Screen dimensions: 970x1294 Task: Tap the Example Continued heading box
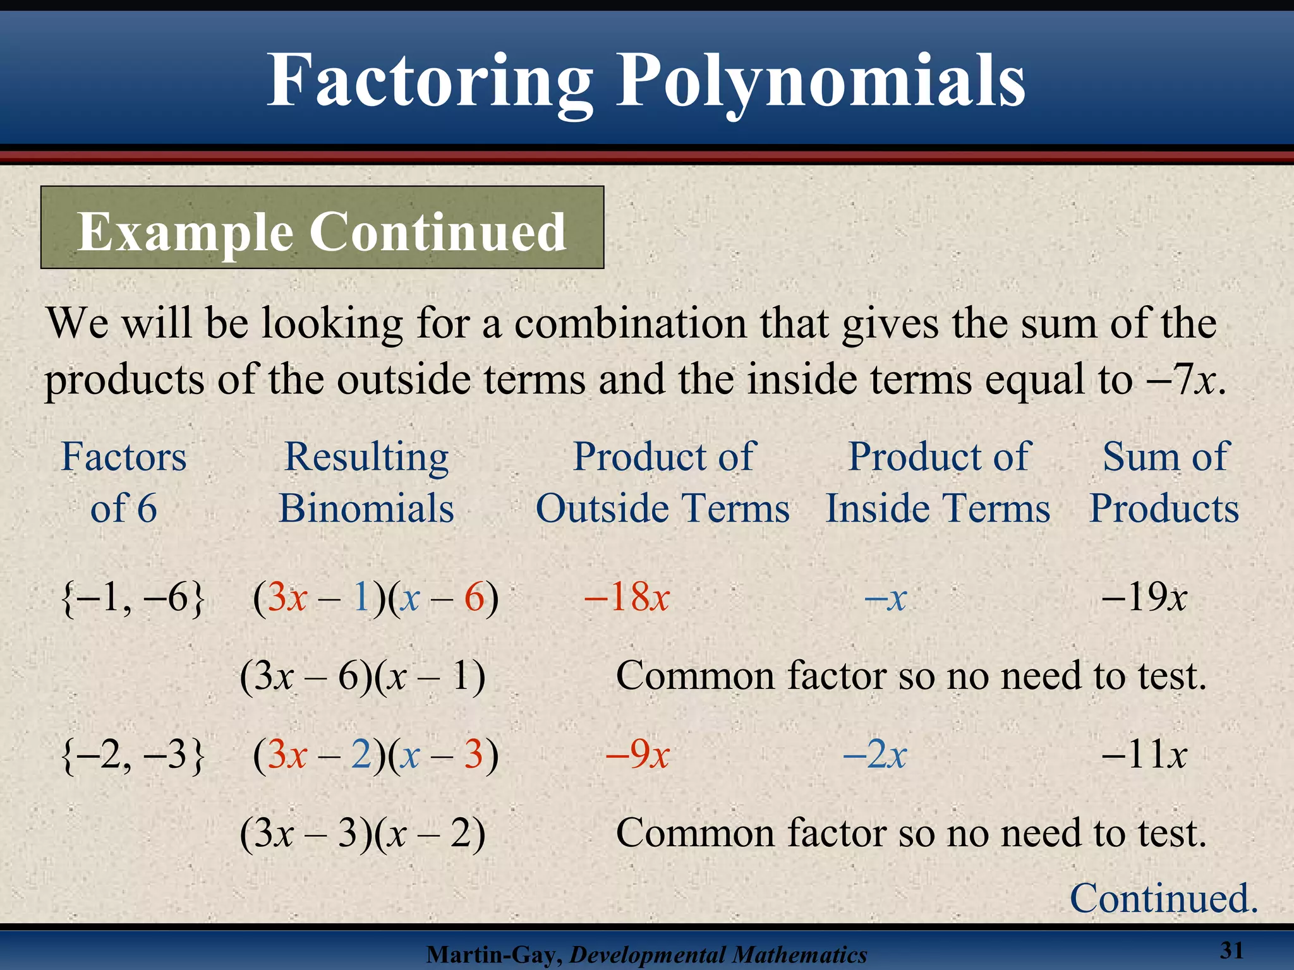click(x=322, y=228)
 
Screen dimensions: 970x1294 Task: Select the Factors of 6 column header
click(x=124, y=482)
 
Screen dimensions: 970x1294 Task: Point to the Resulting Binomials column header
click(x=366, y=482)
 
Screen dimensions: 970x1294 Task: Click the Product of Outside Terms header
click(x=663, y=482)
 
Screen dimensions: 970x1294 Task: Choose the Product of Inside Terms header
click(x=938, y=482)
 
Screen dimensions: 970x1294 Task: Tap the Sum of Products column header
click(x=1164, y=482)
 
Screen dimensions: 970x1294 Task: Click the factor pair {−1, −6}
click(x=133, y=597)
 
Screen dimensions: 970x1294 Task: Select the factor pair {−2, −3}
click(x=133, y=754)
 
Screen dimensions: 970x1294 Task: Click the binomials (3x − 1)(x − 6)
click(x=376, y=597)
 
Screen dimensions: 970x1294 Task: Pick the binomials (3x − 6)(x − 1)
click(x=363, y=676)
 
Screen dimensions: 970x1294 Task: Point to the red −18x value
click(x=627, y=597)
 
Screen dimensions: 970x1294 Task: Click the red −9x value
click(x=638, y=754)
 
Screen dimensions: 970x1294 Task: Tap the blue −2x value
click(x=875, y=754)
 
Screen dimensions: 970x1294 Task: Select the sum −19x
click(x=1144, y=597)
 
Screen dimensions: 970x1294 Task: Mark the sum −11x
click(x=1144, y=754)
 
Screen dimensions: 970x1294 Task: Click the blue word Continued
click(x=1164, y=898)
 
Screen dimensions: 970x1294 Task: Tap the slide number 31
click(x=1231, y=950)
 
